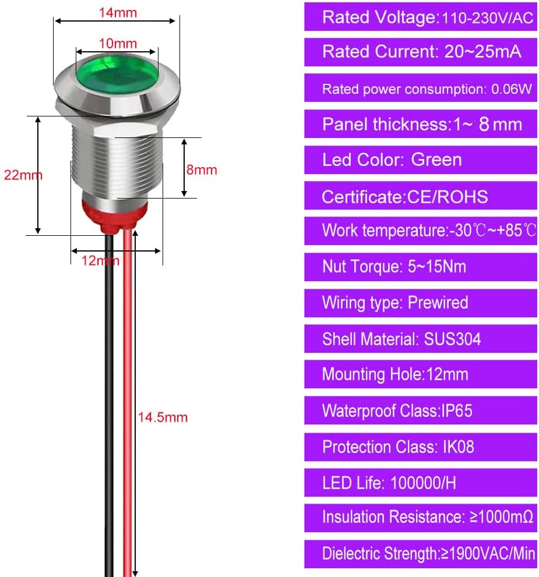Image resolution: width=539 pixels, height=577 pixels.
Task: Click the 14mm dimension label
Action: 118,12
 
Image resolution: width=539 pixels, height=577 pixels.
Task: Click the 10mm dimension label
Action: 118,44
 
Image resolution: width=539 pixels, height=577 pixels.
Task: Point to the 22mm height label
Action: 23,175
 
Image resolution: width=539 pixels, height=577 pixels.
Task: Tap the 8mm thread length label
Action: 202,169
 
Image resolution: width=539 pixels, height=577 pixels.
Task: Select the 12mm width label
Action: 100,260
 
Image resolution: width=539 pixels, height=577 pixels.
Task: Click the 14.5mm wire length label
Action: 163,417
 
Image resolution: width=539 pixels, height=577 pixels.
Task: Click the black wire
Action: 109,405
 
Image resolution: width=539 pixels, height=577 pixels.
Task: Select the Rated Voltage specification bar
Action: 421,16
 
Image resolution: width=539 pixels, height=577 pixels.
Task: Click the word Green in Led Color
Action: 436,160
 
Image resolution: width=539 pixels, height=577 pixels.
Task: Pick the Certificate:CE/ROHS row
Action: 421,196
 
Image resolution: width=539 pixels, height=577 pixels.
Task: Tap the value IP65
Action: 456,410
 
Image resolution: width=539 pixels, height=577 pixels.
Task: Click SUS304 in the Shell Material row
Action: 453,339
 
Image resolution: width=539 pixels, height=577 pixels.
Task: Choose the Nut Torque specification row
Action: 421,267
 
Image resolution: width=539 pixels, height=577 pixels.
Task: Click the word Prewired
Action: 438,303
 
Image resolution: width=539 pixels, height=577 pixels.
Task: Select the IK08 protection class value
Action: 459,447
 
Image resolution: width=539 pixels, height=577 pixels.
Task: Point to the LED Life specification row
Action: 421,483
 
